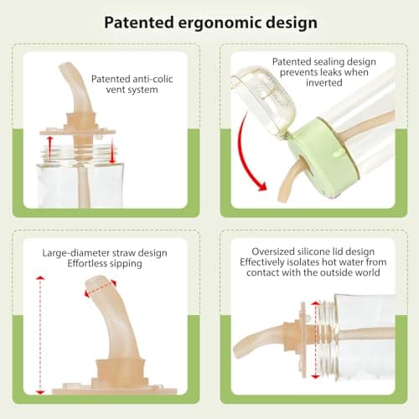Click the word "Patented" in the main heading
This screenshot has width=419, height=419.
click(x=139, y=23)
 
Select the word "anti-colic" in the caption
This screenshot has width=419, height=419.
click(x=152, y=79)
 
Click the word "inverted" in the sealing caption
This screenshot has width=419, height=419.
click(x=324, y=82)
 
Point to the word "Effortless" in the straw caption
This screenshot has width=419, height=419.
click(x=87, y=263)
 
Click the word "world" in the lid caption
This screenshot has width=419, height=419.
click(x=368, y=272)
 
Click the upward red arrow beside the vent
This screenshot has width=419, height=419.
click(x=49, y=148)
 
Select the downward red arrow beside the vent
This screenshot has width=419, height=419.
click(x=112, y=151)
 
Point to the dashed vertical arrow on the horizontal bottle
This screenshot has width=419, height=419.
click(x=316, y=340)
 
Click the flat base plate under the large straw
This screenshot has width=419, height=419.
click(x=115, y=390)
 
